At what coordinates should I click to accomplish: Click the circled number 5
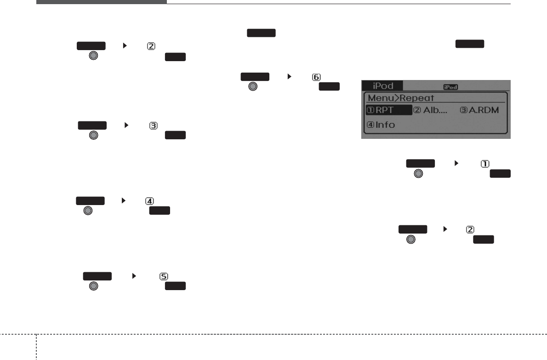click(163, 276)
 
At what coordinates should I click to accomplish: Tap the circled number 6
click(317, 77)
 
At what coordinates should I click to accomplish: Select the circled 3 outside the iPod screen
click(154, 125)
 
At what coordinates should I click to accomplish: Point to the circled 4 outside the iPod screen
click(149, 200)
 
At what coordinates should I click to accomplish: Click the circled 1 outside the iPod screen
click(484, 163)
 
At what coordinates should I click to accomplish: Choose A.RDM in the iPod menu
click(484, 110)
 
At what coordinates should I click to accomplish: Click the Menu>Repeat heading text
click(394, 97)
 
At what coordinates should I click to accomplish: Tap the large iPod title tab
click(382, 86)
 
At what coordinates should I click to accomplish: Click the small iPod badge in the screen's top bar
click(450, 86)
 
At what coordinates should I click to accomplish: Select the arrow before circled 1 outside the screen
click(456, 163)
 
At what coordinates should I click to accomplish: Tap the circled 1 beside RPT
click(370, 110)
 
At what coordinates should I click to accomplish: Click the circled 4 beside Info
click(370, 125)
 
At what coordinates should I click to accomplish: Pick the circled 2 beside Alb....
click(417, 110)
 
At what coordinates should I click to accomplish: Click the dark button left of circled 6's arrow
click(254, 77)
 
